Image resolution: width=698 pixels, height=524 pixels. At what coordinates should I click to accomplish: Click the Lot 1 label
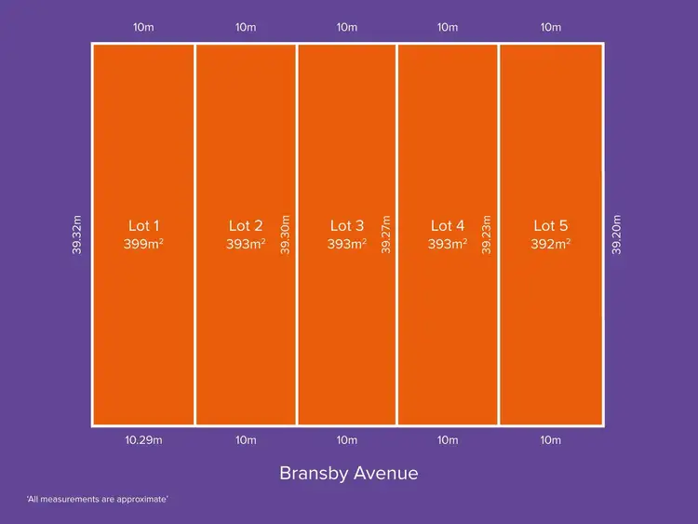[143, 225]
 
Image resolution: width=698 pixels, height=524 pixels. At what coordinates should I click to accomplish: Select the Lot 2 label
[246, 225]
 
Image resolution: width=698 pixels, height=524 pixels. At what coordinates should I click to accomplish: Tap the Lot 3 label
[346, 225]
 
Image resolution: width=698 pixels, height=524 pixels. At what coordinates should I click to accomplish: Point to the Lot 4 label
[448, 225]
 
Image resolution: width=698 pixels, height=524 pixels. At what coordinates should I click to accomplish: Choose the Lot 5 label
[550, 225]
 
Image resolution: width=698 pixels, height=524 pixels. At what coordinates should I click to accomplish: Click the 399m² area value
[143, 245]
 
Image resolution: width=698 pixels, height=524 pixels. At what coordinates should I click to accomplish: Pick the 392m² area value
[551, 245]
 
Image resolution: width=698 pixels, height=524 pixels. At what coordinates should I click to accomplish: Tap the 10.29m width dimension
[144, 440]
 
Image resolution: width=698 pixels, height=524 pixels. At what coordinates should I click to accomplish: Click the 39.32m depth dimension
[78, 237]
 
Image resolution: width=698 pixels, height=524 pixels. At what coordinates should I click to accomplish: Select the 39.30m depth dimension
[285, 237]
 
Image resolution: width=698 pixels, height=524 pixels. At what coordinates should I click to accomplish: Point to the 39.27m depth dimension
[386, 235]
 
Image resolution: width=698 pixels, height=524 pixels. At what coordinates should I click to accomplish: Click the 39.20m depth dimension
[616, 235]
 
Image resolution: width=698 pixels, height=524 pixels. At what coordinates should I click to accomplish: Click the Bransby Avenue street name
[348, 473]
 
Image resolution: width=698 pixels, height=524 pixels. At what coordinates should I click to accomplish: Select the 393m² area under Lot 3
[347, 245]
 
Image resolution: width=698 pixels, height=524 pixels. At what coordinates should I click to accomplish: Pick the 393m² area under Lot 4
[449, 245]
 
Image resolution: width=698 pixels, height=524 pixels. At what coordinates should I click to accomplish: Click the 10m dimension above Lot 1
[144, 27]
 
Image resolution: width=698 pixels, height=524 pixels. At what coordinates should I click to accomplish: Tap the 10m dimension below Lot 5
[550, 440]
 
